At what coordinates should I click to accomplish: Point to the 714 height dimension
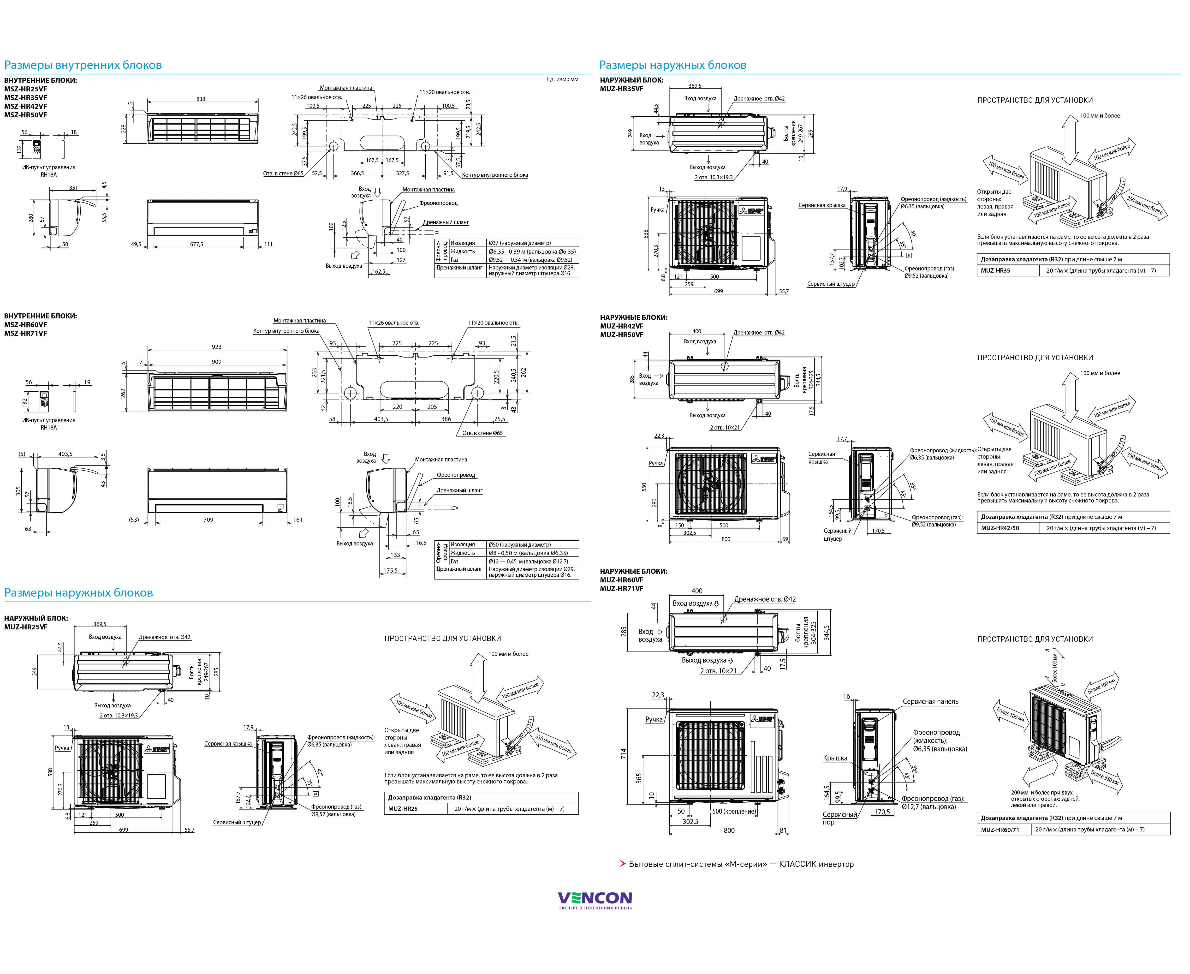(x=624, y=753)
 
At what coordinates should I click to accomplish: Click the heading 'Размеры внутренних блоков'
(x=83, y=65)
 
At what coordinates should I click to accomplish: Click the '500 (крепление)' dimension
(x=734, y=811)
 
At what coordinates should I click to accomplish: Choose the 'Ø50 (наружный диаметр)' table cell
(x=519, y=544)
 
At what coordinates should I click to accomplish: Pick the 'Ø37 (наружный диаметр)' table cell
(x=519, y=243)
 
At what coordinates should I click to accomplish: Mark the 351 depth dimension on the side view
(x=73, y=188)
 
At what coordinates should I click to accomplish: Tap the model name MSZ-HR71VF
(x=26, y=333)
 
